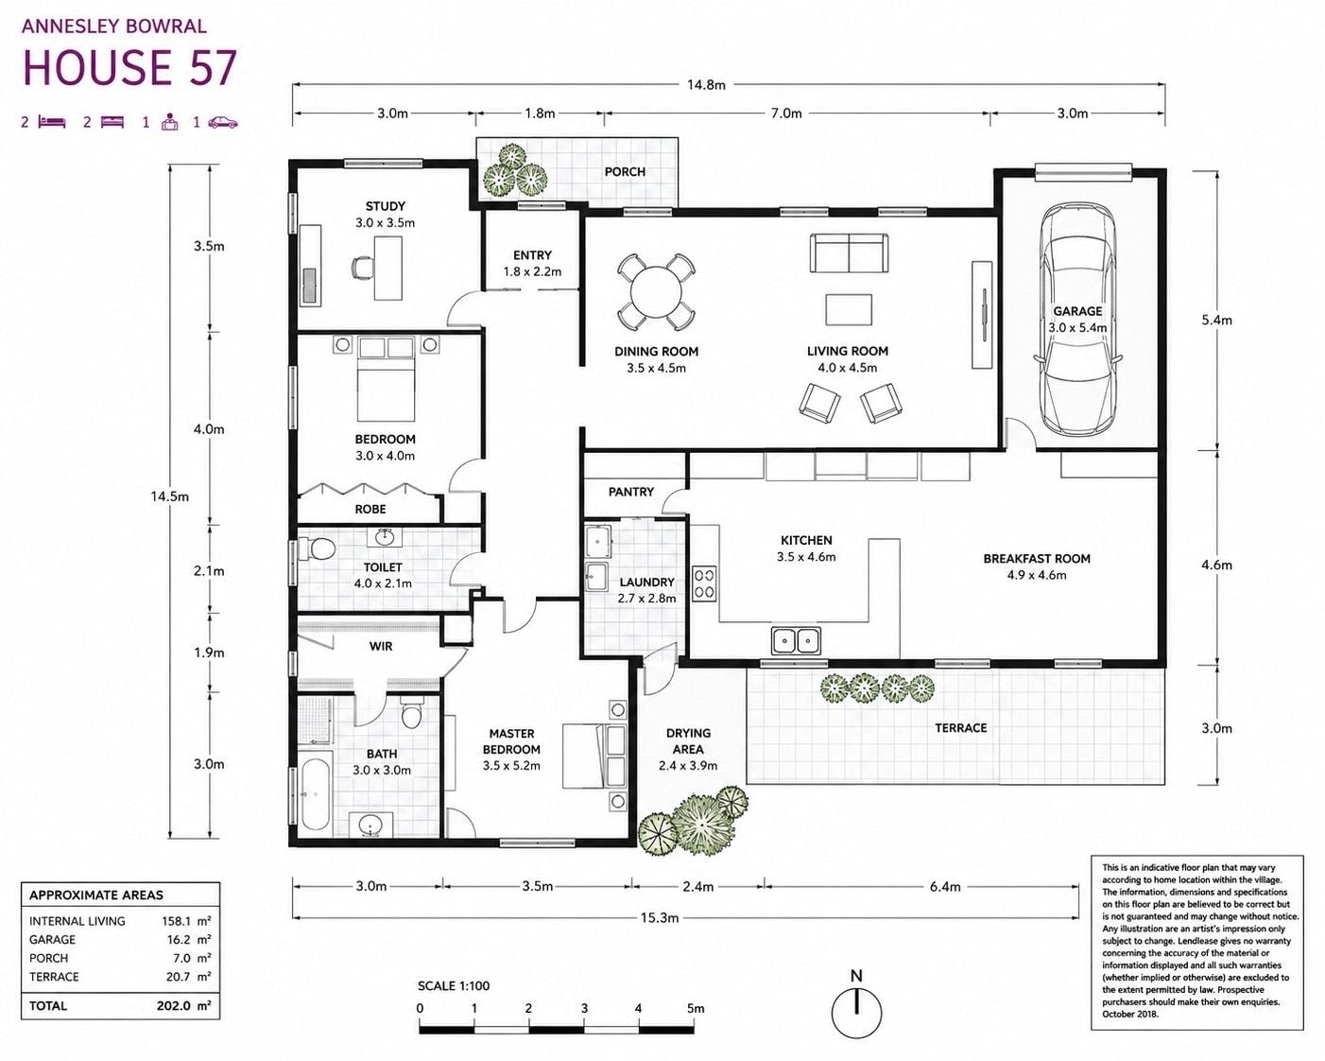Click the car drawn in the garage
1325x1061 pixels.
(1077, 320)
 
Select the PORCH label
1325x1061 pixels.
(625, 172)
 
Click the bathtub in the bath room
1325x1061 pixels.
(317, 795)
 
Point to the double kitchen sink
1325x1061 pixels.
(796, 640)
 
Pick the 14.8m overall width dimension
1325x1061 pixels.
(706, 85)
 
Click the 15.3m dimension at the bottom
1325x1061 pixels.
(659, 917)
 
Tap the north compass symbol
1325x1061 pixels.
(856, 1013)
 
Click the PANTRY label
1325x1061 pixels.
(630, 492)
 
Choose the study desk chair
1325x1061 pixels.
(362, 268)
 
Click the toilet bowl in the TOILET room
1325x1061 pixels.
(317, 548)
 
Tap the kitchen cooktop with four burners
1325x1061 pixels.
(704, 583)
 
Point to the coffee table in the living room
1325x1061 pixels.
(849, 309)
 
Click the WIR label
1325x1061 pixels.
(381, 646)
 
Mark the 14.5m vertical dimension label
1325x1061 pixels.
(170, 496)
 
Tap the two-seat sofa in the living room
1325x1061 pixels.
(849, 252)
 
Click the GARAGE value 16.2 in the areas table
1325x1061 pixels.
(176, 939)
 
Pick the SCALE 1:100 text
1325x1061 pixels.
(454, 986)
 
